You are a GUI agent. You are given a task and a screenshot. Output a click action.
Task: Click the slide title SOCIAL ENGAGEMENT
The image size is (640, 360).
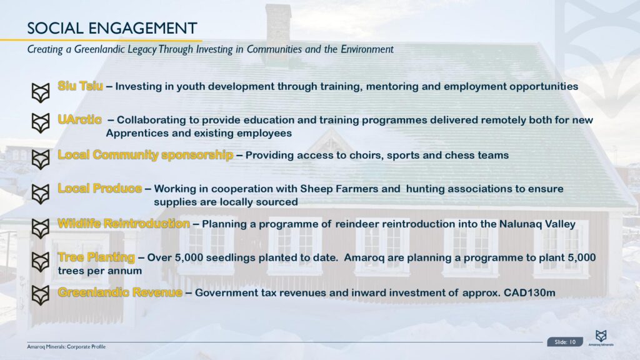[112, 28]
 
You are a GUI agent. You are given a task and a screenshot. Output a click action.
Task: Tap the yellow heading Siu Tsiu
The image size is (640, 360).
[81, 86]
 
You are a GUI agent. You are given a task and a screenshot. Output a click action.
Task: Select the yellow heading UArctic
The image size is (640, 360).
[79, 119]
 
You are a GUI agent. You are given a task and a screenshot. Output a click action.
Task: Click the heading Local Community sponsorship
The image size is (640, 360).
[145, 155]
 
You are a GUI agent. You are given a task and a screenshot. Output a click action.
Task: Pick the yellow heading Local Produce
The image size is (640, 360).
[100, 188]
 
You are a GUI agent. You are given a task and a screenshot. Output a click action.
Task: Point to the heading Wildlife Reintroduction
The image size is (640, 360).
[124, 223]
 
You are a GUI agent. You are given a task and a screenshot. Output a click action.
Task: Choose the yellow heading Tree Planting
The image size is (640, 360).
[96, 257]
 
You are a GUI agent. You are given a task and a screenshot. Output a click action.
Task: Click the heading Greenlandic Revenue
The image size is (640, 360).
[120, 292]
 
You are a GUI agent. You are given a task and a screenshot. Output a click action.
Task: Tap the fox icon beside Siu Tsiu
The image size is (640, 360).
[41, 92]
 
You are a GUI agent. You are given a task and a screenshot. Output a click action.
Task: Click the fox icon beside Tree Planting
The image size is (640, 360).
[41, 262]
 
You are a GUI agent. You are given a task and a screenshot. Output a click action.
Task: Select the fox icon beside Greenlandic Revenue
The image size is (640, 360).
[41, 296]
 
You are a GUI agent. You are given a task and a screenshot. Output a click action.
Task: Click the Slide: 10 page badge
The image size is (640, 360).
[565, 342]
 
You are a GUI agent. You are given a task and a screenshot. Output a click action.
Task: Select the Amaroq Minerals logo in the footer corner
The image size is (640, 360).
[601, 338]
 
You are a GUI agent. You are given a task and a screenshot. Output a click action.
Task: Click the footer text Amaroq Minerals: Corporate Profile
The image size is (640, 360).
[66, 346]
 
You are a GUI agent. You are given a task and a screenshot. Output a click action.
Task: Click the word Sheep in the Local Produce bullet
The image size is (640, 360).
[316, 189]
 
